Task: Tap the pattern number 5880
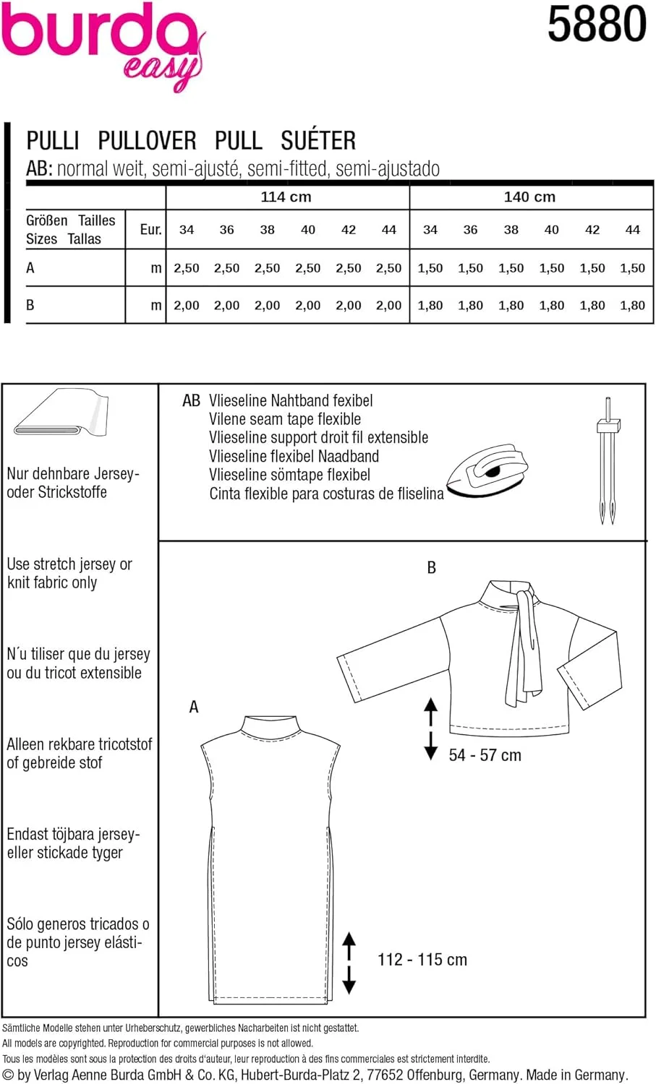(596, 25)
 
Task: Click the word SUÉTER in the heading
(318, 140)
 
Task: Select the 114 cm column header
(286, 197)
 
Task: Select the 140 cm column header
(529, 197)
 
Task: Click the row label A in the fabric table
(30, 268)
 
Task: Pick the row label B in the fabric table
(30, 305)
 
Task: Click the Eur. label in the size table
(150, 230)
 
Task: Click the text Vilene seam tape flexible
(285, 419)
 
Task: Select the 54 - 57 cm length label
(485, 755)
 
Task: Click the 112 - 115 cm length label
(422, 960)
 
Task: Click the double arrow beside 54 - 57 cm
(431, 728)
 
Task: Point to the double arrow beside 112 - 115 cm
(349, 963)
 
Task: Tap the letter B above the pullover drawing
(432, 568)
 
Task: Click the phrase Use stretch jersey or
(69, 564)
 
